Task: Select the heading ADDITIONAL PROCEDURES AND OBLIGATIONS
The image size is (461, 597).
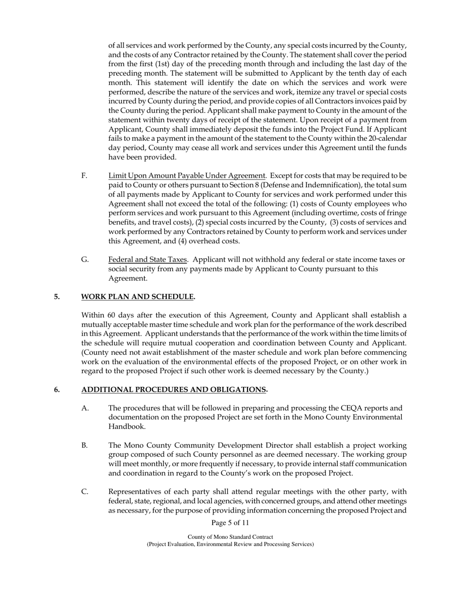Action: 174,390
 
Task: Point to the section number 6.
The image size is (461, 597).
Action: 57,390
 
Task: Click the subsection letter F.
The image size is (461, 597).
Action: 84,176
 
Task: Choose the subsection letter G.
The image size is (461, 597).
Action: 85,260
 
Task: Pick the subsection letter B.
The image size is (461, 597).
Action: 84,446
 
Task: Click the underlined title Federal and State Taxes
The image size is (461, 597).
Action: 148,260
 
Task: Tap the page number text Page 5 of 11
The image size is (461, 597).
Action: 230,523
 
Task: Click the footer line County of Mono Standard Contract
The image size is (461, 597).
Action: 230,537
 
